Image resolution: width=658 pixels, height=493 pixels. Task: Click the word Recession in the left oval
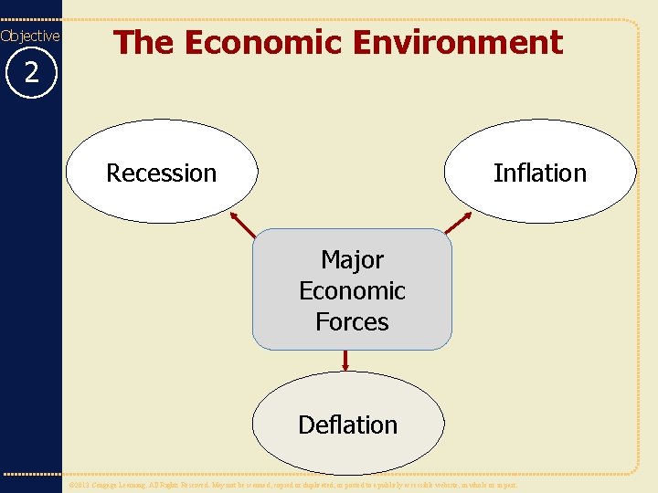point(162,173)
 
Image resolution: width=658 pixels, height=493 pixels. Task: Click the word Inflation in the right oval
point(539,173)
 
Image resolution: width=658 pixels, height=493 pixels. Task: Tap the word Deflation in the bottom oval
point(348,425)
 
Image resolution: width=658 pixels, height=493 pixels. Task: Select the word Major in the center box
point(352,260)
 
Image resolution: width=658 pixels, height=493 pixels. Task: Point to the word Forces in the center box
point(352,321)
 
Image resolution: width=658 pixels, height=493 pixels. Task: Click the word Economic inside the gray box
point(352,291)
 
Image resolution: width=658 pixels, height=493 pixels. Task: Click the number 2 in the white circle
point(31,73)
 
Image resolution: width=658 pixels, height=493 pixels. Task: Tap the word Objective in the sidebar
point(30,36)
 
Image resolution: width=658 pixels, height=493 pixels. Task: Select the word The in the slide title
point(139,42)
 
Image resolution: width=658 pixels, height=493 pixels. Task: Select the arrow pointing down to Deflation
point(345,362)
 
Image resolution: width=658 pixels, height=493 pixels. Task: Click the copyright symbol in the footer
point(73,486)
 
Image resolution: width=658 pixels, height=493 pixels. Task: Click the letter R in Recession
point(113,173)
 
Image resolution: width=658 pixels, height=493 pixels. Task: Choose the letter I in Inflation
point(497,173)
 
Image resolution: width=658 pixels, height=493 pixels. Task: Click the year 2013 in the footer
point(84,486)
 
